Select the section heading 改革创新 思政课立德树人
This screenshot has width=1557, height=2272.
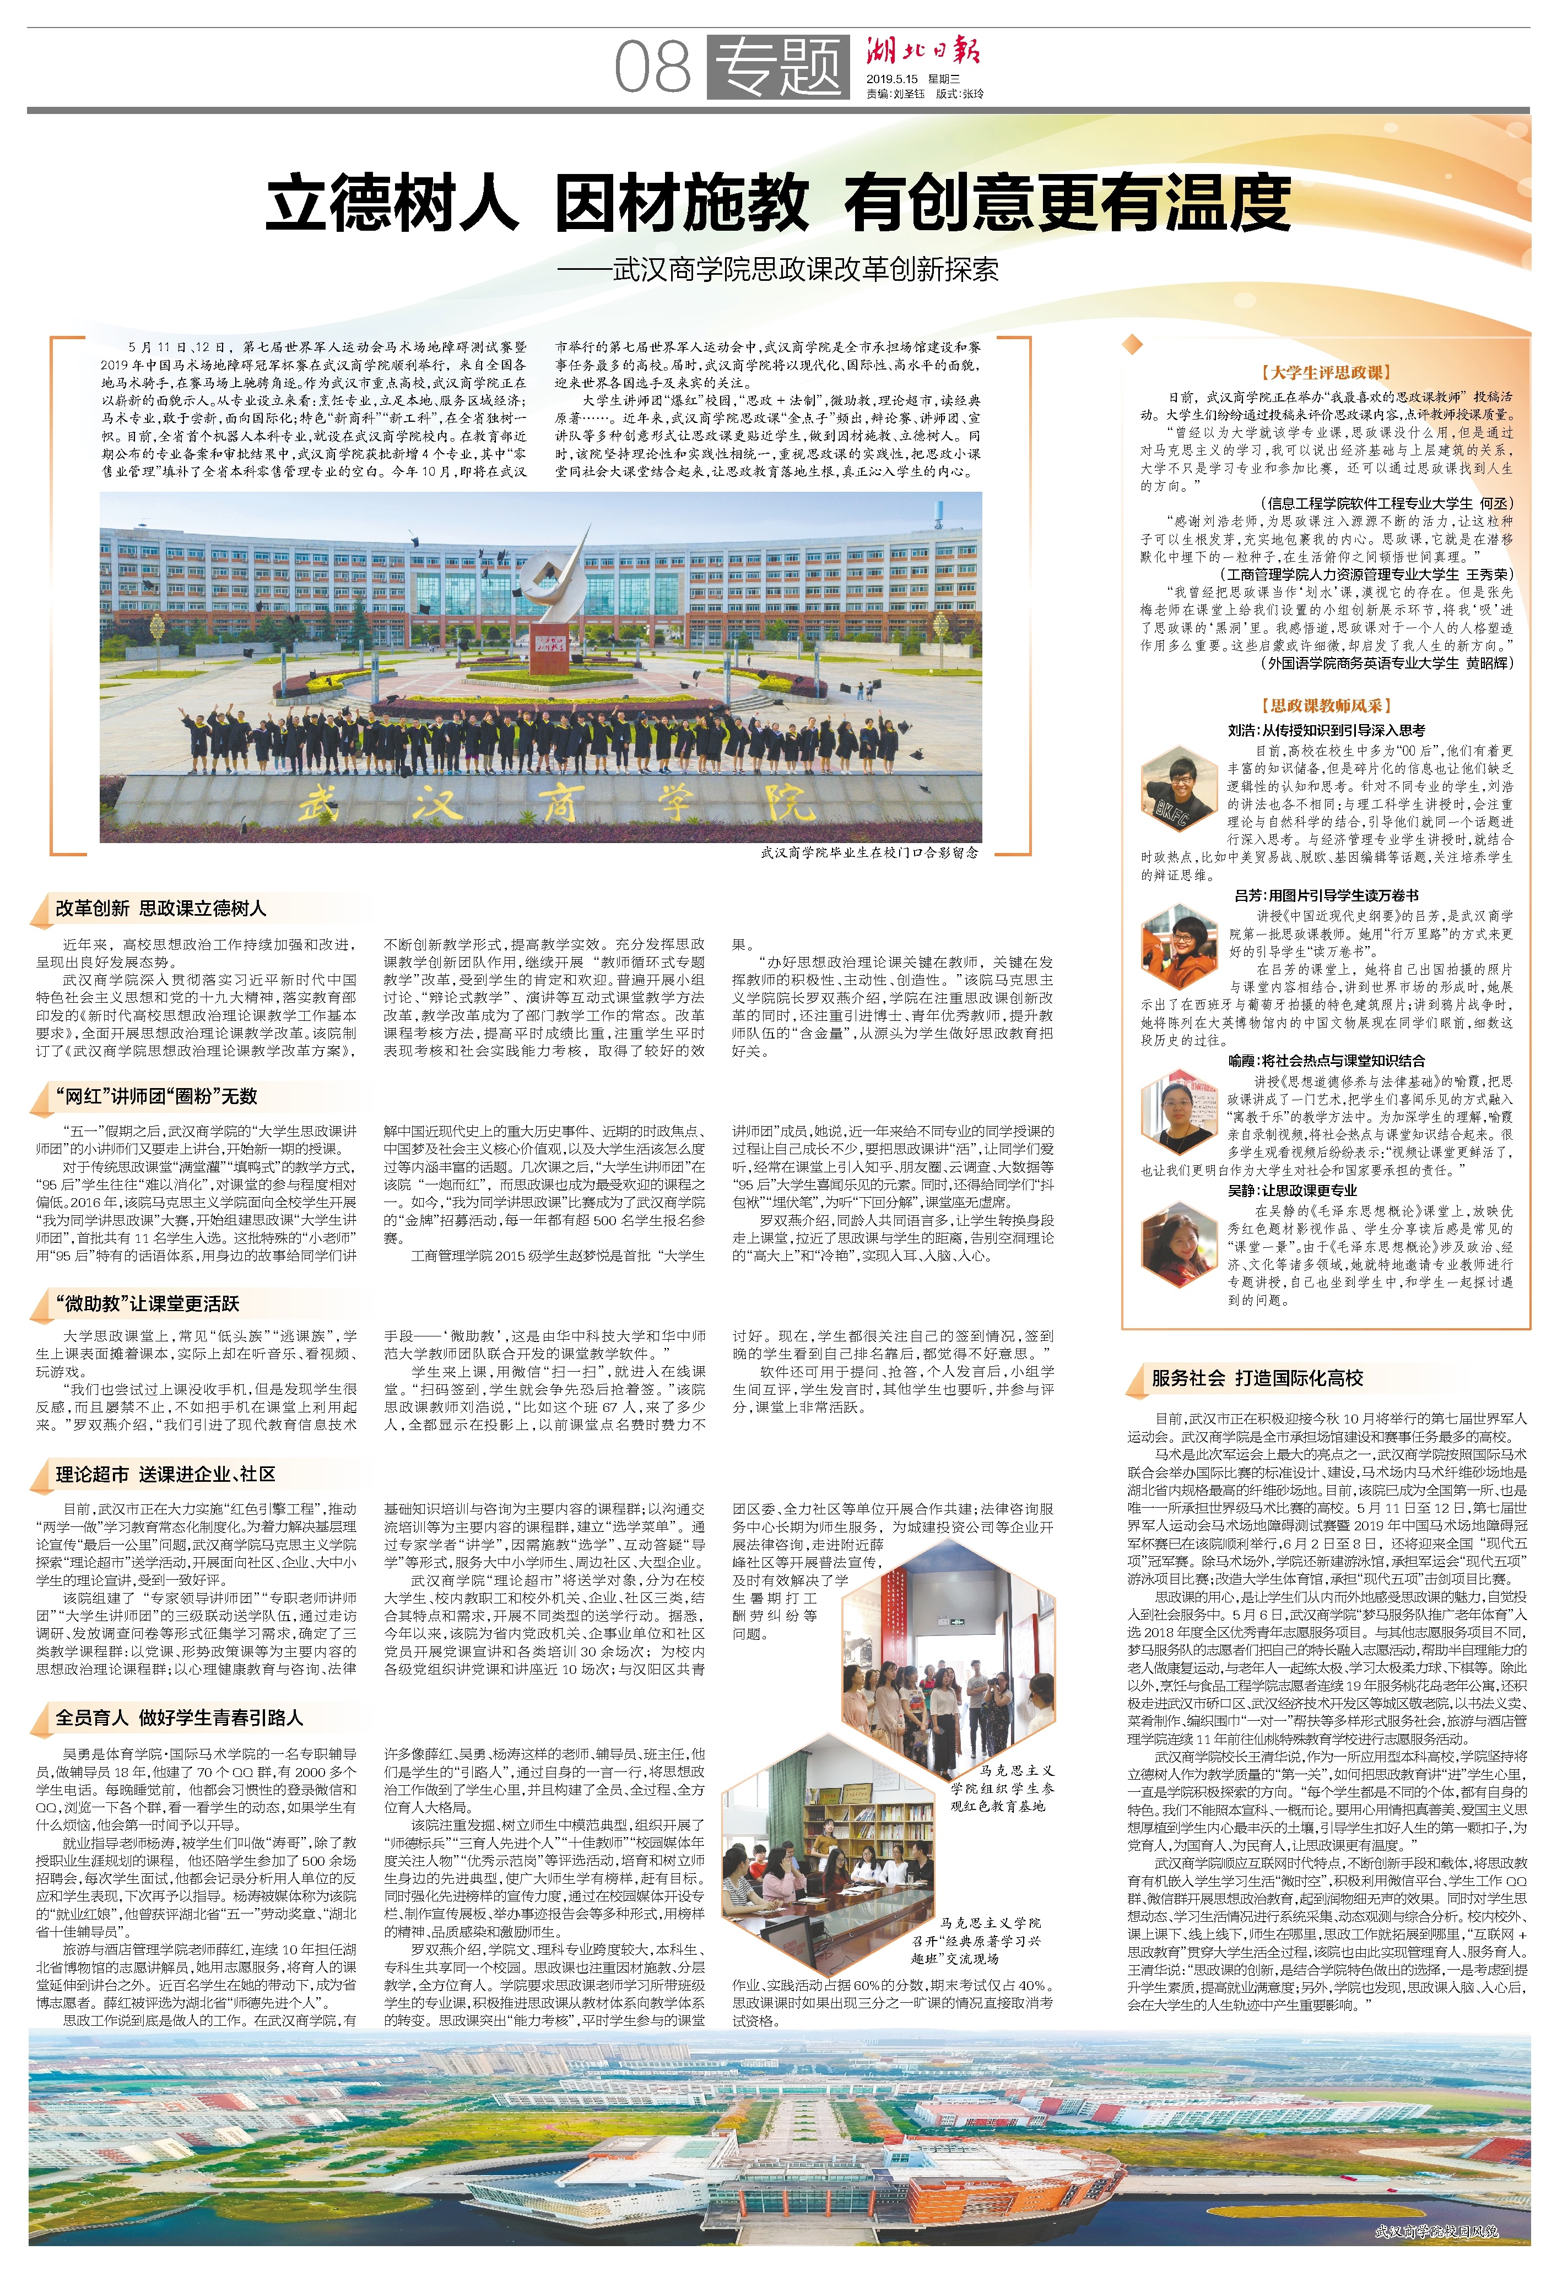(x=160, y=908)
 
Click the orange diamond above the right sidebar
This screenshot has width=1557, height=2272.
(x=1133, y=343)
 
